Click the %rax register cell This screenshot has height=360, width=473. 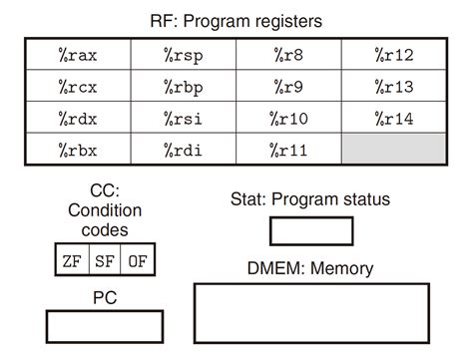pyautogui.click(x=78, y=53)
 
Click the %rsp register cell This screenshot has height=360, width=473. pyautogui.click(x=184, y=53)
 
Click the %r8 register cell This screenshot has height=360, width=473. pyautogui.click(x=288, y=53)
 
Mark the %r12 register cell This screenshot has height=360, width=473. pyautogui.click(x=393, y=53)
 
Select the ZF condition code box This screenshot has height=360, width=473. pyautogui.click(x=71, y=261)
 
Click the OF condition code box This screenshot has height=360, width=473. pyautogui.click(x=138, y=261)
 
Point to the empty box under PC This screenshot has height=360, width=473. pyautogui.click(x=104, y=326)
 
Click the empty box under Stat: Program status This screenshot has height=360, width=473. pyautogui.click(x=311, y=230)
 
